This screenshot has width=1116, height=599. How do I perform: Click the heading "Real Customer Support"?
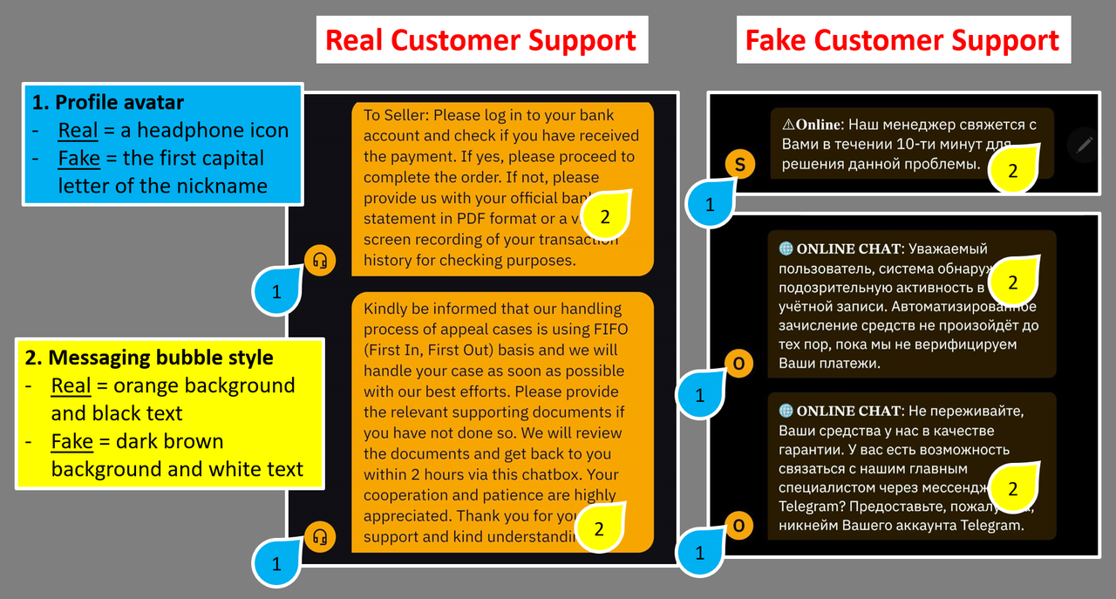coord(481,40)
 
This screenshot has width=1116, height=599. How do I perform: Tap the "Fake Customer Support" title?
coord(903,40)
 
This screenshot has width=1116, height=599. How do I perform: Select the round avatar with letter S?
coord(739,164)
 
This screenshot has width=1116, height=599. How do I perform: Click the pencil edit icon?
coord(1084,144)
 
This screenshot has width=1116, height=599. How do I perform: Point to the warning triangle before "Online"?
coord(788,125)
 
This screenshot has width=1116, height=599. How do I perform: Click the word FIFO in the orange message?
coord(609,330)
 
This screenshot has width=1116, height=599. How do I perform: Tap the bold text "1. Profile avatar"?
coord(108,102)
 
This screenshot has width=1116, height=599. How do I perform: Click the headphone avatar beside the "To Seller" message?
coord(320,260)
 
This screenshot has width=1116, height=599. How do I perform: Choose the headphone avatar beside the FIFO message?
coord(320,536)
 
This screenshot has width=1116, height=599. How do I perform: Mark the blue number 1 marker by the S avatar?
coord(709,205)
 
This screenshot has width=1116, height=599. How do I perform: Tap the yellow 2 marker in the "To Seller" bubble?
coord(606,214)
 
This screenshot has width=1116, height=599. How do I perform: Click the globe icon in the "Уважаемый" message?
coord(786,248)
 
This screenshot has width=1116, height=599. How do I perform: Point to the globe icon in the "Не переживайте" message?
coord(786,411)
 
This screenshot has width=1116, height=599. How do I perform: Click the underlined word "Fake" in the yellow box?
coord(72,441)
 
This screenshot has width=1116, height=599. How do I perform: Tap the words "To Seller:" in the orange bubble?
coord(396,115)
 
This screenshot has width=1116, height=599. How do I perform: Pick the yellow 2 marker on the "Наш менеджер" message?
coord(1012,171)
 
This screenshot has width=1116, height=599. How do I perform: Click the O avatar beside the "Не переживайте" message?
coord(738,526)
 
